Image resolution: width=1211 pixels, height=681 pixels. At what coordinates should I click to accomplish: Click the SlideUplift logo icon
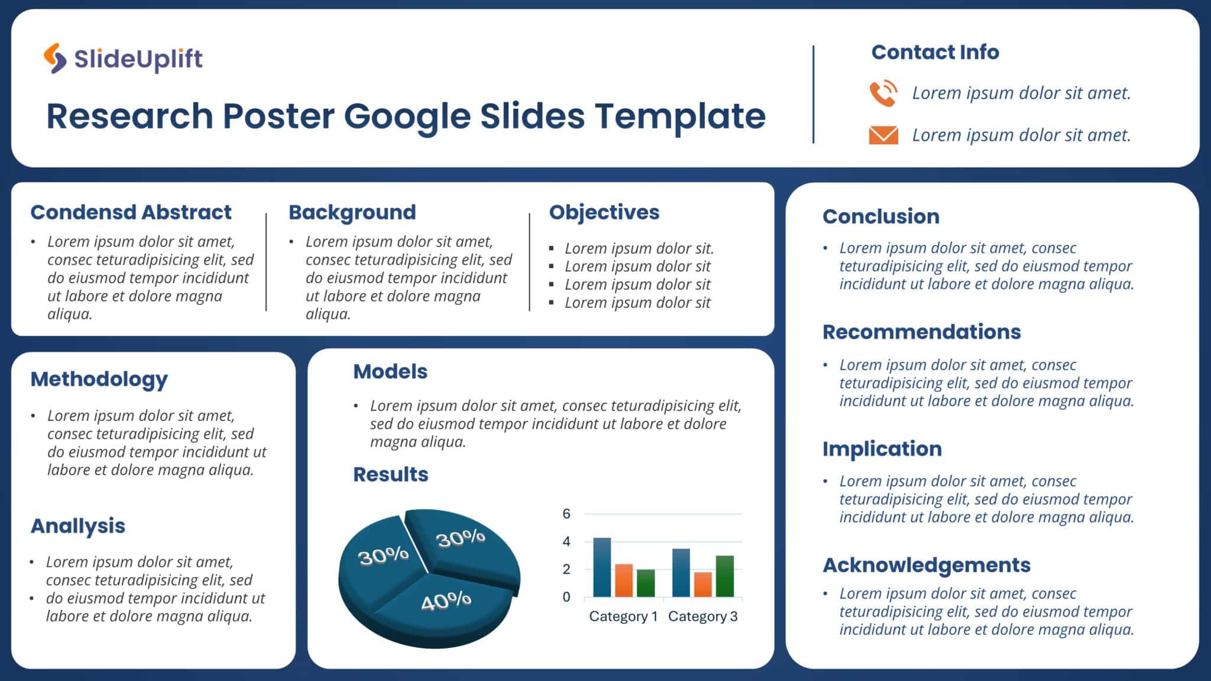click(55, 58)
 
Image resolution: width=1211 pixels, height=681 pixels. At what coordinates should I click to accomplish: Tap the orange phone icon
click(883, 93)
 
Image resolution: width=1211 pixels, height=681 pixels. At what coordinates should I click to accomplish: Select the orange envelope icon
click(883, 135)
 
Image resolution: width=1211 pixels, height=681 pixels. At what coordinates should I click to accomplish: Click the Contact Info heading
click(935, 52)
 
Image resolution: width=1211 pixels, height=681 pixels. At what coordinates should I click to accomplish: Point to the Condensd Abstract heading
click(131, 212)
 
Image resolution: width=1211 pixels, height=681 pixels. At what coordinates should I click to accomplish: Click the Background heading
click(352, 212)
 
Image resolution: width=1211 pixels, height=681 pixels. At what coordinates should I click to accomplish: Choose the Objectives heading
click(604, 212)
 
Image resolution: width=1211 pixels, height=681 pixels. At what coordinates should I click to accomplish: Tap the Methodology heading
click(99, 379)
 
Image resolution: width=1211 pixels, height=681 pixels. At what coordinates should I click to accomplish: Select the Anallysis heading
click(77, 526)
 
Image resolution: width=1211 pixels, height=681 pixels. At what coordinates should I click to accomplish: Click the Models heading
click(390, 371)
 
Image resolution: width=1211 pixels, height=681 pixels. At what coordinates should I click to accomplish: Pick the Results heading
click(390, 474)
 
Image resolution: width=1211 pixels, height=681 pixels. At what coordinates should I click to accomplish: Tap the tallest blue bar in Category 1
click(602, 567)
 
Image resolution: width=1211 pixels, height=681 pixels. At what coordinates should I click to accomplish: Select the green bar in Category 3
click(724, 576)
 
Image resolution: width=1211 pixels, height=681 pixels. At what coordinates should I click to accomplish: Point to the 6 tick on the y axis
click(566, 514)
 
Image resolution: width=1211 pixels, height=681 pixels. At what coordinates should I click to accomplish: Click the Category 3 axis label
click(702, 617)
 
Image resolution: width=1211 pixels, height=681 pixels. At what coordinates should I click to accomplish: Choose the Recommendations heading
click(921, 332)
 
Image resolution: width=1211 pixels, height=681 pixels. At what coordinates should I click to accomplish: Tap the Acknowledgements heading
click(926, 565)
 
